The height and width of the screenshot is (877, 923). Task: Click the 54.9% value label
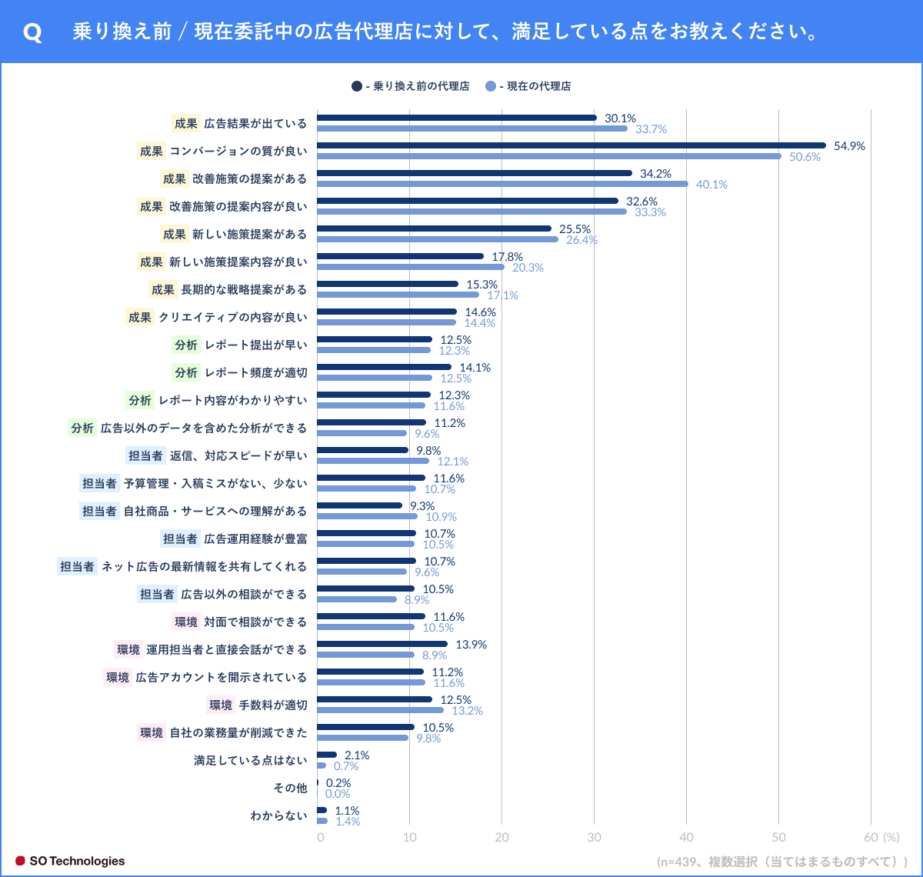tap(849, 146)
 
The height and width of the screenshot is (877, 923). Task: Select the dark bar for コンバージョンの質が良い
tap(571, 145)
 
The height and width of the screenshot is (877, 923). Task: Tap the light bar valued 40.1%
tap(502, 184)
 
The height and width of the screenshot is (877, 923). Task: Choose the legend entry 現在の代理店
tap(534, 86)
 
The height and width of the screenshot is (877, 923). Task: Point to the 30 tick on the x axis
tap(594, 838)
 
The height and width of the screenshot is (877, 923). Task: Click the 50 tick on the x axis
tap(778, 838)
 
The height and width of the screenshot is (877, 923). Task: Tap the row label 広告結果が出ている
tap(255, 124)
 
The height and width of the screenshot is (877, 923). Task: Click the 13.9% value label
tap(471, 645)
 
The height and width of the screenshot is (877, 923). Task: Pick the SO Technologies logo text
tap(76, 861)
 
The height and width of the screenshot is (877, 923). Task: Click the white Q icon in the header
tap(32, 33)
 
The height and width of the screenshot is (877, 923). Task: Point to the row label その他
tap(290, 789)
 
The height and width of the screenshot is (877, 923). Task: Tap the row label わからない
tap(278, 816)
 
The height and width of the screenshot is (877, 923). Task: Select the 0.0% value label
tap(338, 794)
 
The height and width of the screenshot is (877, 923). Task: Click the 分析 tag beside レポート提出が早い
tap(186, 345)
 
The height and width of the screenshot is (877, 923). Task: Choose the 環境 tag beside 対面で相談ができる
tap(186, 622)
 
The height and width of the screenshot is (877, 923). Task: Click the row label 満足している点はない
tap(250, 761)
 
